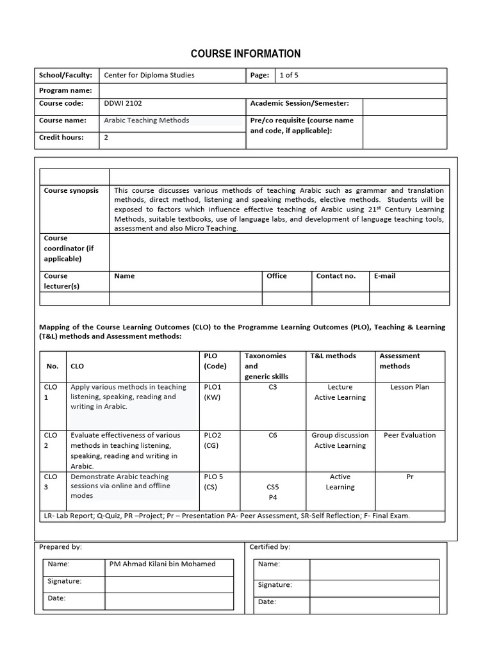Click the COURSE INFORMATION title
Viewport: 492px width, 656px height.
point(246,54)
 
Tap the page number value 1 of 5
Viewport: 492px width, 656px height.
point(289,75)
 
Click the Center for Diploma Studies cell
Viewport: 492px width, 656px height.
point(149,75)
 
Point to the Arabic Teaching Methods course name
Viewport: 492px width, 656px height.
point(147,120)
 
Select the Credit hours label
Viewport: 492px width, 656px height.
point(61,138)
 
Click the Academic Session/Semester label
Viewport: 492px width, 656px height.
point(299,103)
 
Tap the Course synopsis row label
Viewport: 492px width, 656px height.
point(71,190)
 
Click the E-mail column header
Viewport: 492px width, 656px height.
point(384,276)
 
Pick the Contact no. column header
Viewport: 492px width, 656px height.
point(336,276)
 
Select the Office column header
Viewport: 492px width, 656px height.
point(277,276)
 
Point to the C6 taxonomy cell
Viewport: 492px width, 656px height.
point(273,435)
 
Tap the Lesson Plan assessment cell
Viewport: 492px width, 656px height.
point(409,387)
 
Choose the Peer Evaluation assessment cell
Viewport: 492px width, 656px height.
point(409,435)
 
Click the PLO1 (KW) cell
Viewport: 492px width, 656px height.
point(212,392)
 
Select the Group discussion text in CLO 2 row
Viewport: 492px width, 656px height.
point(340,435)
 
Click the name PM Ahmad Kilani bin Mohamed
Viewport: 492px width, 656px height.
point(163,564)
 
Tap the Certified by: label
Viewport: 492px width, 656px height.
point(270,547)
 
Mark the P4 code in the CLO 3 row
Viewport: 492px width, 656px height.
point(273,497)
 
